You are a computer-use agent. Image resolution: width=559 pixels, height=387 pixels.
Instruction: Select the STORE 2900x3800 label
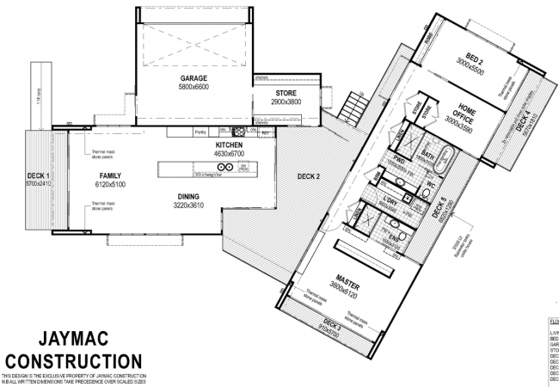pyautogui.click(x=287, y=96)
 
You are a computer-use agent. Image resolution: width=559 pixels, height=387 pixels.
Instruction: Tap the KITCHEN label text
pyautogui.click(x=230, y=146)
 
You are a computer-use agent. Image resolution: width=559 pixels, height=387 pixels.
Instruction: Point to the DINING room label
pyautogui.click(x=183, y=196)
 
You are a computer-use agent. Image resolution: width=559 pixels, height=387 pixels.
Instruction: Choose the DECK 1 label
pyautogui.click(x=39, y=175)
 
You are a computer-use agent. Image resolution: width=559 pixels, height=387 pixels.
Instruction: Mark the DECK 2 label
pyautogui.click(x=308, y=177)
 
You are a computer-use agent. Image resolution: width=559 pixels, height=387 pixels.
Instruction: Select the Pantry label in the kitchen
pyautogui.click(x=200, y=132)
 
